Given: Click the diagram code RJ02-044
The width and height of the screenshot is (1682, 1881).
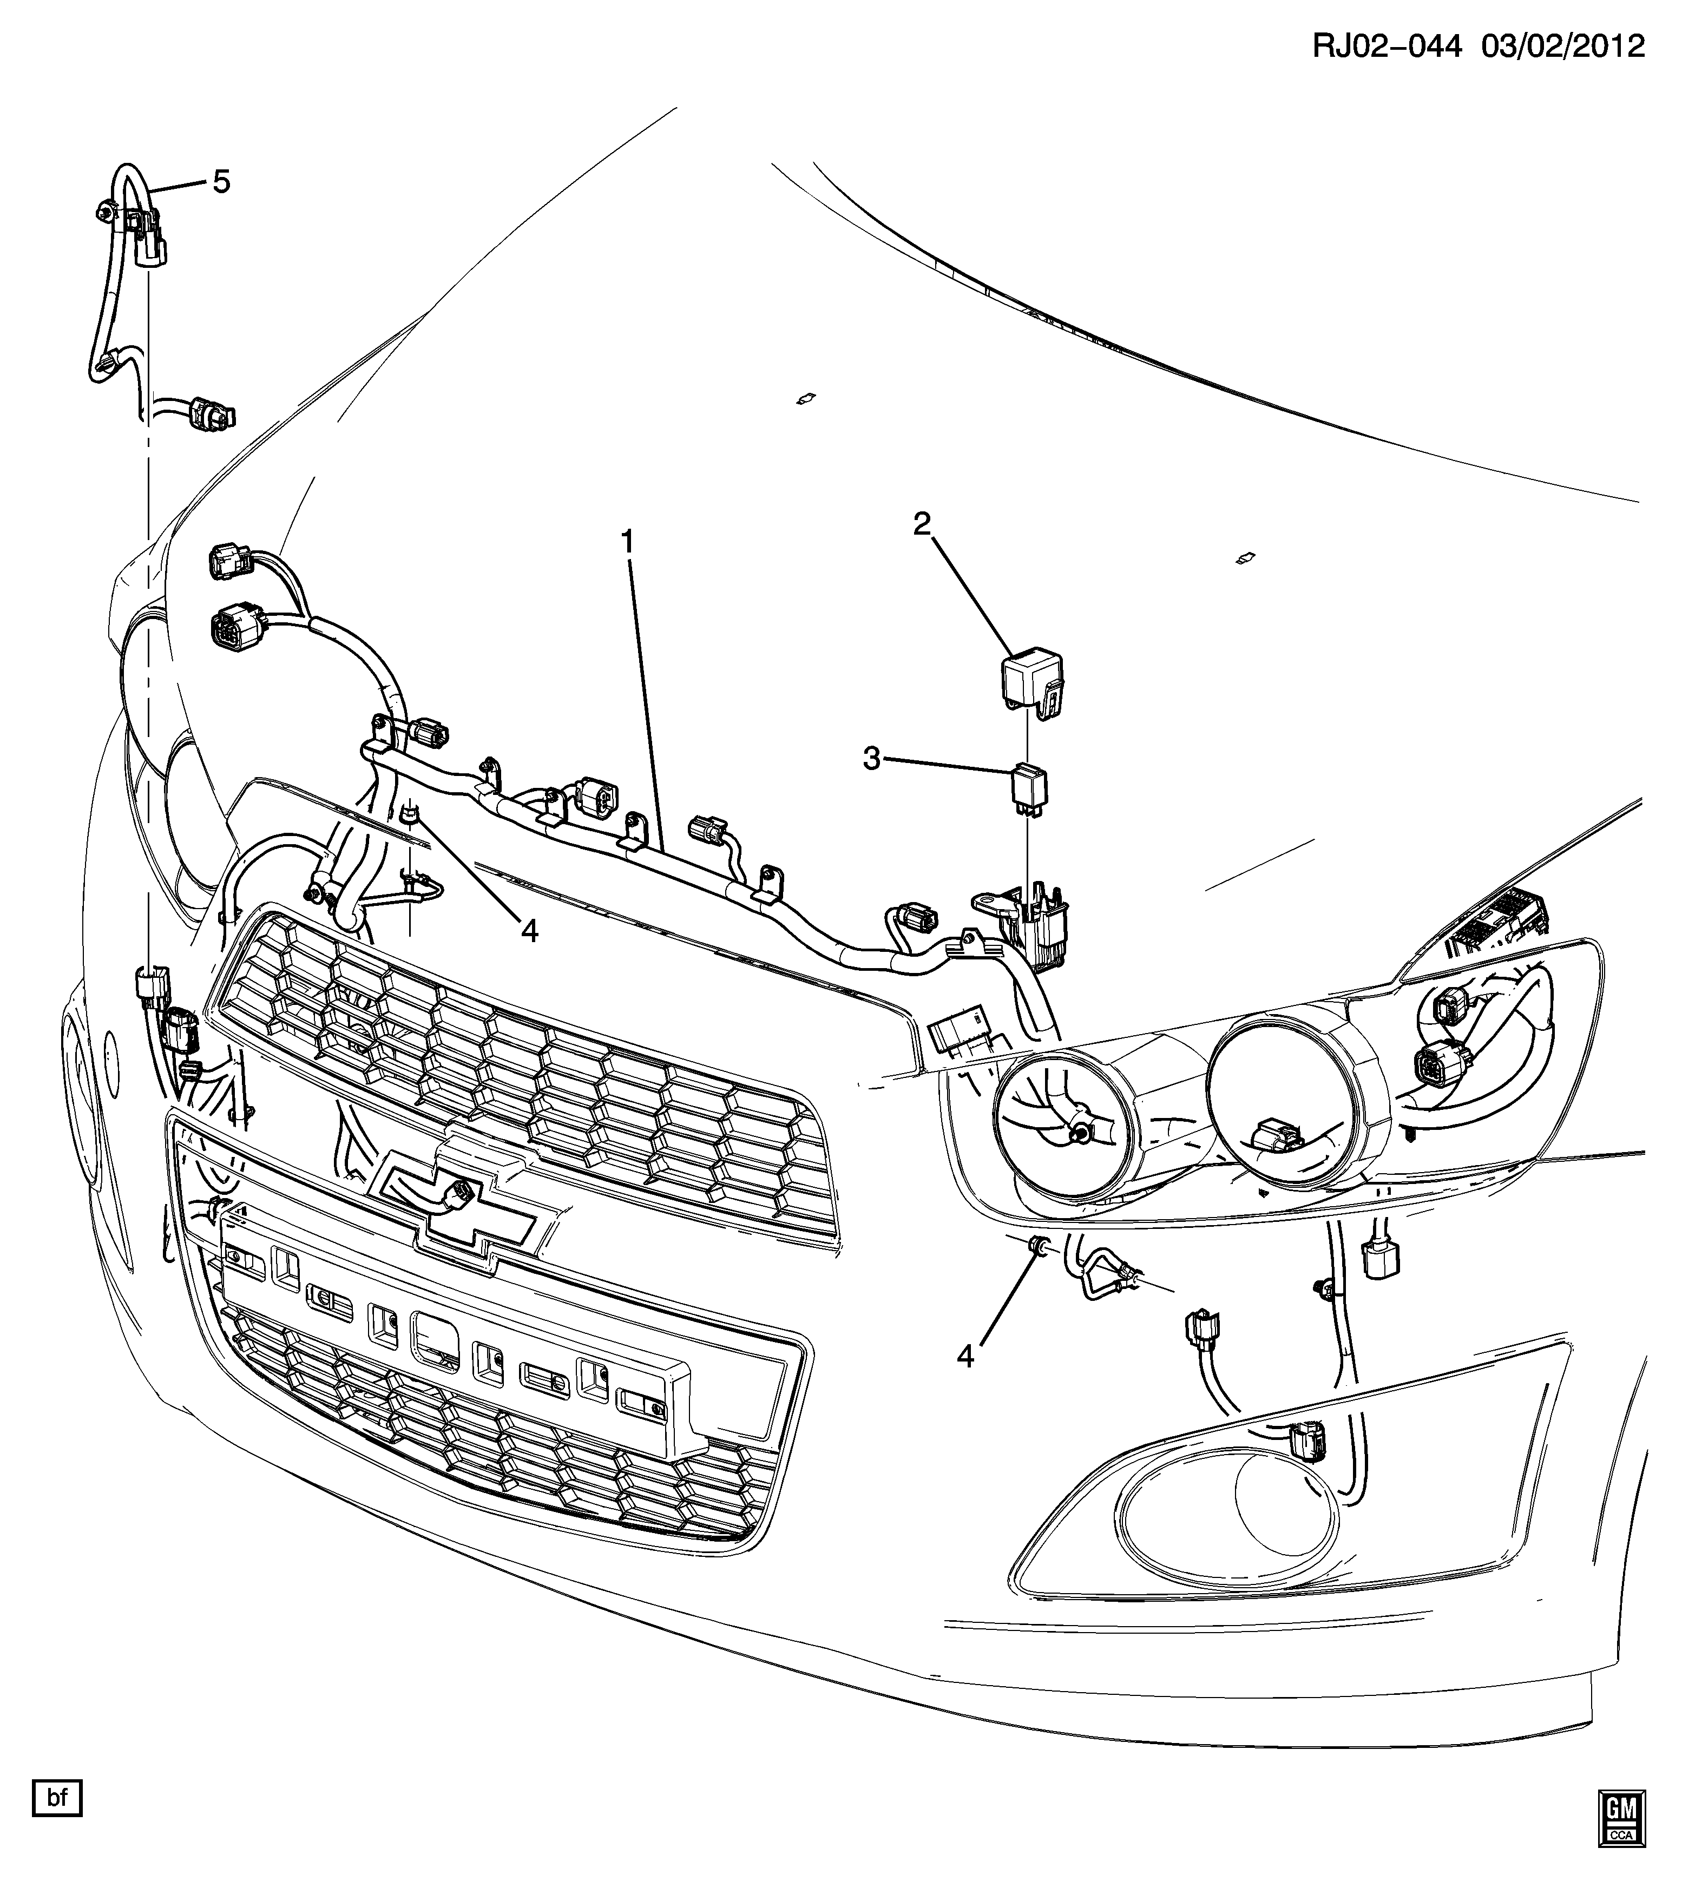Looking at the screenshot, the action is (x=1387, y=45).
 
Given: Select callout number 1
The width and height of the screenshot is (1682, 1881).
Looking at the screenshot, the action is (x=628, y=542).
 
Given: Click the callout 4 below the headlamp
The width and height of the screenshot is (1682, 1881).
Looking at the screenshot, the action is (x=966, y=1356).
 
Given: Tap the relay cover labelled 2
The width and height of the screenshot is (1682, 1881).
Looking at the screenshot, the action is (x=1030, y=682).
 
